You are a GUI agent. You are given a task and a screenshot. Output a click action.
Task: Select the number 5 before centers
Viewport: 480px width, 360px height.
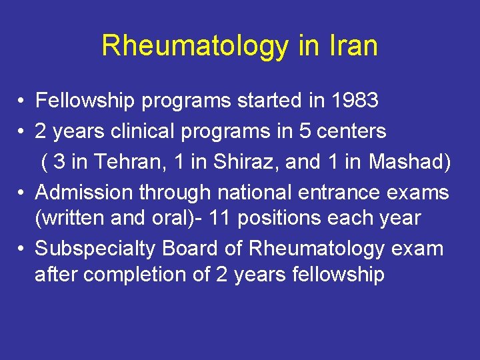(304, 131)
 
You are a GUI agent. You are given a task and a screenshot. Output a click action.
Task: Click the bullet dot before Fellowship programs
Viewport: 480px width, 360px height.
(22, 101)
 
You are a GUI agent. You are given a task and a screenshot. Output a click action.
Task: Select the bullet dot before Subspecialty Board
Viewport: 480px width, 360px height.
(22, 249)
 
